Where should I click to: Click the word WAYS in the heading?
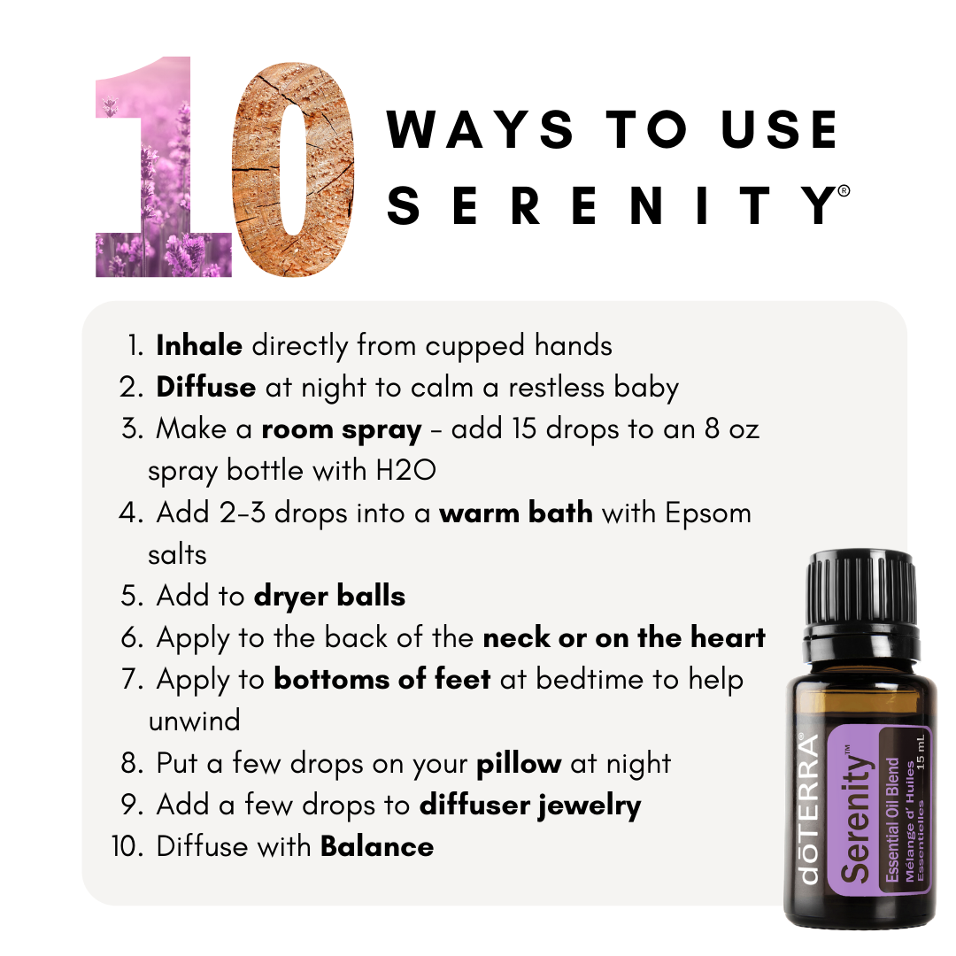click(x=480, y=129)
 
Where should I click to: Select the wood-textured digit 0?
click(x=293, y=169)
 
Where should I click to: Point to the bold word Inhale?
click(x=199, y=346)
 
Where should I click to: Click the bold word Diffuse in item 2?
click(x=206, y=387)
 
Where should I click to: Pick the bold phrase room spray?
click(x=342, y=430)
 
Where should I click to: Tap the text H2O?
click(x=406, y=471)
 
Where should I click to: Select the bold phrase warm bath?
click(x=516, y=513)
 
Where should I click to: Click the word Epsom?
click(x=708, y=514)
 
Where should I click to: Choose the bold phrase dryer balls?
click(x=330, y=597)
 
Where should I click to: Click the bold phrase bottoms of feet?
click(x=382, y=679)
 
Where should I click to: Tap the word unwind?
click(x=195, y=721)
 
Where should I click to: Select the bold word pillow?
click(x=519, y=764)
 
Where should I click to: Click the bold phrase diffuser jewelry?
click(x=530, y=806)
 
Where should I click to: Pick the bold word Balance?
click(x=377, y=846)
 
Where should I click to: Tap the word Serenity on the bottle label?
click(x=855, y=814)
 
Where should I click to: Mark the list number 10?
click(x=127, y=846)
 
